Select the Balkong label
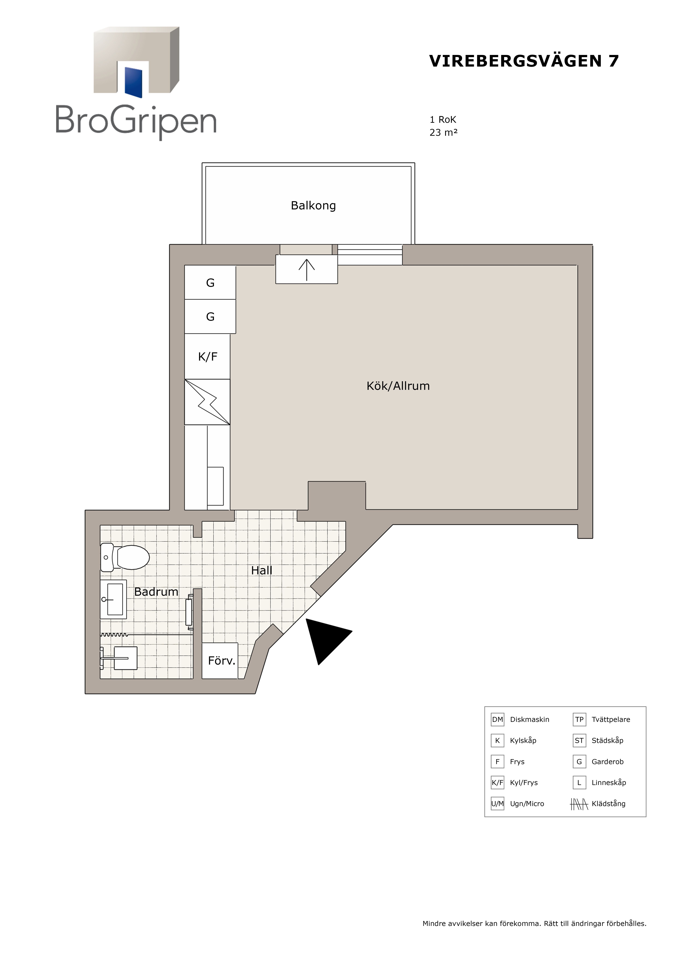[313, 206]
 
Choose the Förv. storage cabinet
[220, 661]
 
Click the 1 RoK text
[443, 120]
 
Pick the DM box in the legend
[498, 719]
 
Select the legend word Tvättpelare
[611, 719]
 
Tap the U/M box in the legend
[498, 804]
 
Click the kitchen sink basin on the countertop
[216, 486]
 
